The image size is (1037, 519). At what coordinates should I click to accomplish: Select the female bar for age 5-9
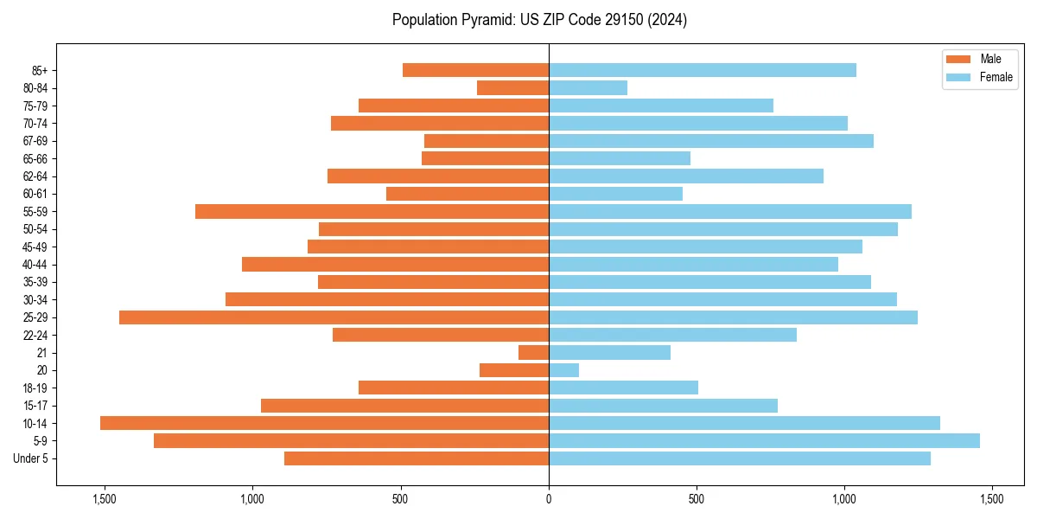tap(764, 441)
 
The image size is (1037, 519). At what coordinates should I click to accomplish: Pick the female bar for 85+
tap(702, 70)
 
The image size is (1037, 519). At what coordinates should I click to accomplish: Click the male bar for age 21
tap(533, 353)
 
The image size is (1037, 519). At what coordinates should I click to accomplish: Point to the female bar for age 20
tap(563, 370)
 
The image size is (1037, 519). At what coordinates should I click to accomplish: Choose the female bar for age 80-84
tap(588, 88)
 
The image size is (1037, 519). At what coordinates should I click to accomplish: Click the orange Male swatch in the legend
tap(959, 59)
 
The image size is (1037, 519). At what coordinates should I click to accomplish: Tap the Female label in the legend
tap(996, 77)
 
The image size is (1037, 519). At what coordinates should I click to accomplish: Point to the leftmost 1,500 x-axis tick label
tap(105, 500)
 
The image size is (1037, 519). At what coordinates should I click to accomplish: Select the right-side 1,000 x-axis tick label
tap(844, 500)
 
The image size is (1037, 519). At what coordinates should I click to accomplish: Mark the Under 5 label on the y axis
tap(31, 458)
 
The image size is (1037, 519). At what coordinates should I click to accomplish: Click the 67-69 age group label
tap(35, 141)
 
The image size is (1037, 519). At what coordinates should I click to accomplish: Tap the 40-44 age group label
tap(35, 265)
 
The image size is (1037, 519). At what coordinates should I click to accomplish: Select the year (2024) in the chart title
tap(670, 20)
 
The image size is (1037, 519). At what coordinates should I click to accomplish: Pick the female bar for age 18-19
tap(623, 388)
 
